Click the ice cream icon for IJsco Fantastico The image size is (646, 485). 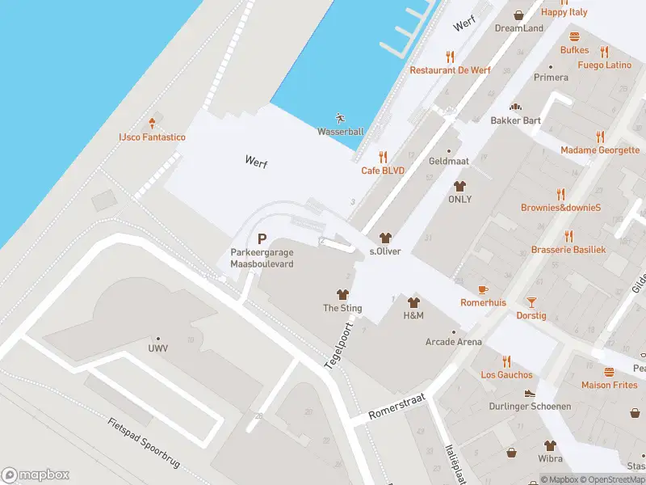pyautogui.click(x=152, y=124)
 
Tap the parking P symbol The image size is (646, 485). pyautogui.click(x=262, y=238)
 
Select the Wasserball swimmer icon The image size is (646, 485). pyautogui.click(x=340, y=118)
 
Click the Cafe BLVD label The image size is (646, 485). pyautogui.click(x=382, y=171)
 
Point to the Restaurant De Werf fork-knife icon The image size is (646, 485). pyautogui.click(x=450, y=57)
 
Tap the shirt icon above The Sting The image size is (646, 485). pyautogui.click(x=342, y=295)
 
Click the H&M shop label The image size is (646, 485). pyautogui.click(x=413, y=315)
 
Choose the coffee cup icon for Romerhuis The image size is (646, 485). pyautogui.click(x=483, y=289)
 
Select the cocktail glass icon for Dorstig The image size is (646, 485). pyautogui.click(x=531, y=302)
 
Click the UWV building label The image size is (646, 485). pyautogui.click(x=157, y=349)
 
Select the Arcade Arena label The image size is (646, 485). pyautogui.click(x=453, y=342)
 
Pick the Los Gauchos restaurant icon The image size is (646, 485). pyautogui.click(x=506, y=361)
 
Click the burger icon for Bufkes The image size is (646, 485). pyautogui.click(x=574, y=36)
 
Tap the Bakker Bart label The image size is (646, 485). pyautogui.click(x=515, y=120)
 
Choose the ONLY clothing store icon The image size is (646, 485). pyautogui.click(x=459, y=186)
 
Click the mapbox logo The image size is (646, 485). pyautogui.click(x=36, y=475)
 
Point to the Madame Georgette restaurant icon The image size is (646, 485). pyautogui.click(x=599, y=137)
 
